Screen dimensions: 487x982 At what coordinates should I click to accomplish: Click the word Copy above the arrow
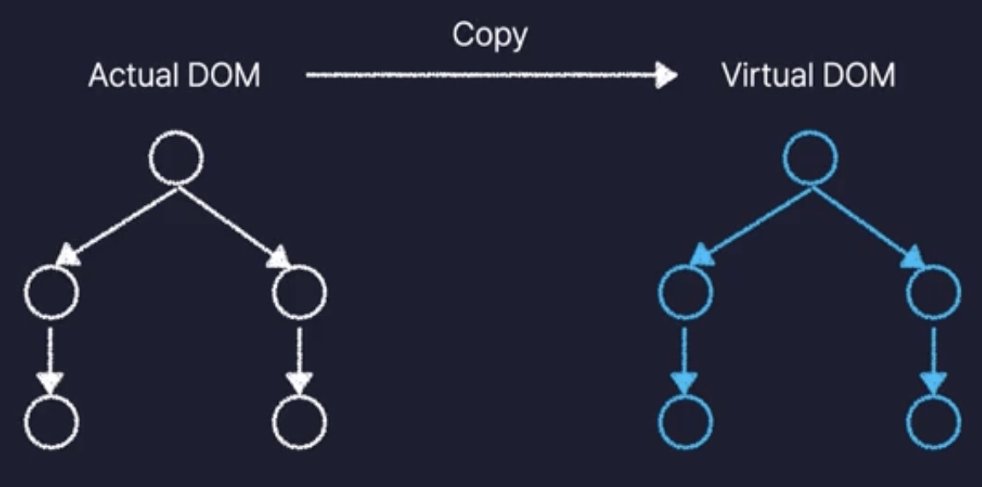(x=490, y=36)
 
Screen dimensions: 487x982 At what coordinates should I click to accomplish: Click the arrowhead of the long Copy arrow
(x=666, y=77)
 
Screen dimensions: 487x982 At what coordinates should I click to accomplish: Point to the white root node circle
(x=177, y=158)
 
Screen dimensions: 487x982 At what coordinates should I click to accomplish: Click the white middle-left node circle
(x=51, y=292)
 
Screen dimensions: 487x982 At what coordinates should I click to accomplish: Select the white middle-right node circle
(x=300, y=292)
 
